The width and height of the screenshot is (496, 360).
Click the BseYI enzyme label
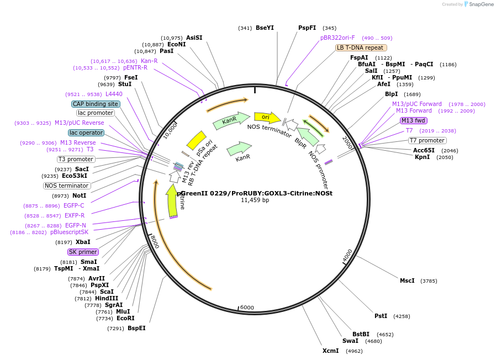coord(265,28)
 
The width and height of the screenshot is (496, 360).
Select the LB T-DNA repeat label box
coord(360,47)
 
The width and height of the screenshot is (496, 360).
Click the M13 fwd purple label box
coord(414,120)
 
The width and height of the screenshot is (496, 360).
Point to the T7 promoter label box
coord(427,140)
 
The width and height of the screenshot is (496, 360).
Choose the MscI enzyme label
coord(407,280)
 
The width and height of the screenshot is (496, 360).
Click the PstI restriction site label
coord(381,316)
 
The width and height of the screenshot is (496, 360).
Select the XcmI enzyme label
coord(330,351)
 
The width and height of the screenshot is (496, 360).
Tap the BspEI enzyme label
coord(136,328)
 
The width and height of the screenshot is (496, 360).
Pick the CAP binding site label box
coord(95,104)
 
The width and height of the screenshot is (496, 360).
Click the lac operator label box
coord(86,133)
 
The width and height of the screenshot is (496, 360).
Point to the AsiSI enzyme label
coord(194,38)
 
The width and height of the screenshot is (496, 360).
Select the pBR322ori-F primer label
coord(337,38)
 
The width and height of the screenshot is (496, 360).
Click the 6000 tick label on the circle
coord(246,308)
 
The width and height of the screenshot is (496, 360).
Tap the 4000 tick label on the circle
coord(347,256)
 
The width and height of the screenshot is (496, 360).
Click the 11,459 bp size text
coord(255,200)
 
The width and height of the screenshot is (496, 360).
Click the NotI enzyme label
coord(79,195)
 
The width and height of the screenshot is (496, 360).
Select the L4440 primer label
coord(114,94)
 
